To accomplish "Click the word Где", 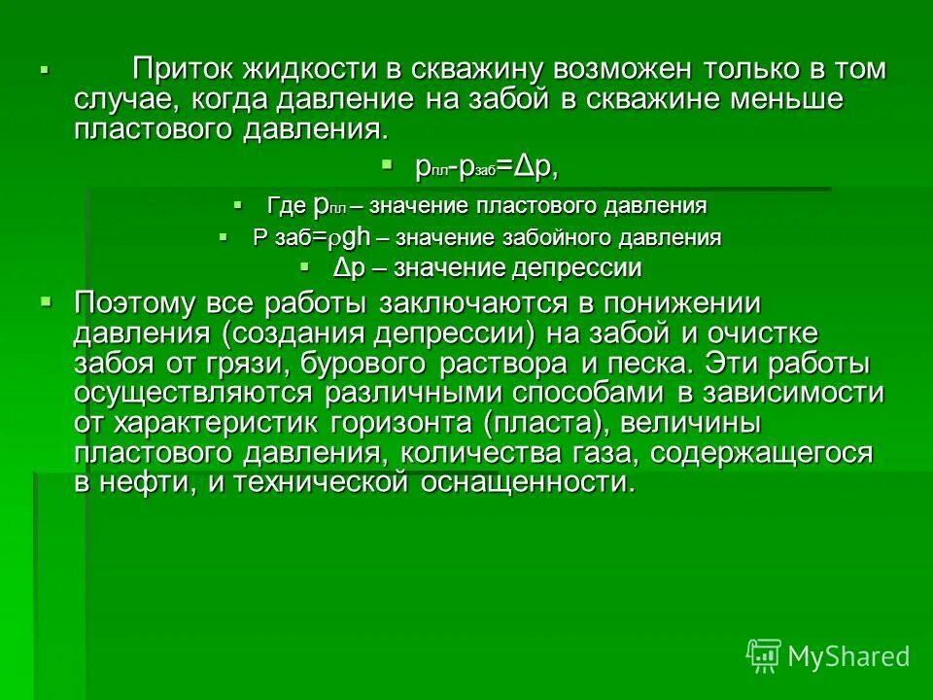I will [287, 206].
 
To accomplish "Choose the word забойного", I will [550, 237].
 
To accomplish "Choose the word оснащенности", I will [529, 484].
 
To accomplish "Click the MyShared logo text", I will [848, 656].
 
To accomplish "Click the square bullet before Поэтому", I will [45, 302].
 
